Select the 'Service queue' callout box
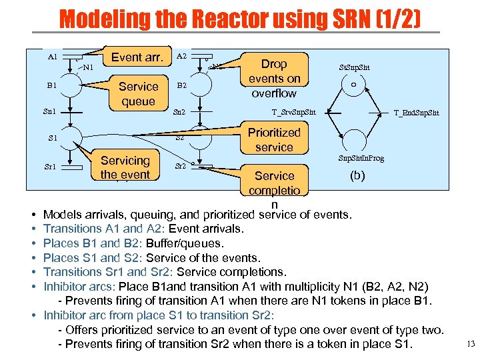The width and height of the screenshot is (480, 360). pyautogui.click(x=138, y=93)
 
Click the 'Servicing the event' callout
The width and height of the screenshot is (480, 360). pyautogui.click(x=125, y=167)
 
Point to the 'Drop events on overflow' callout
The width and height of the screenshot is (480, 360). pyautogui.click(x=274, y=78)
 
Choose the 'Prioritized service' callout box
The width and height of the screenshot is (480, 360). pyautogui.click(x=274, y=139)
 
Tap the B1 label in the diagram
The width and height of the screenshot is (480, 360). pyautogui.click(x=51, y=85)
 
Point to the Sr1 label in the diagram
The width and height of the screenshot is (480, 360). pyautogui.click(x=51, y=166)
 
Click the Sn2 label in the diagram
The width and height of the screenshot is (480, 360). pyautogui.click(x=179, y=112)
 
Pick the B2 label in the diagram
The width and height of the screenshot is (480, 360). pyautogui.click(x=181, y=85)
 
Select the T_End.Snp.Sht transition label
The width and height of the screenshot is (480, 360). pyautogui.click(x=416, y=113)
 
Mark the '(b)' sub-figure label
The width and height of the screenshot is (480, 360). pyautogui.click(x=358, y=177)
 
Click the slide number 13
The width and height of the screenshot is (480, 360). pyautogui.click(x=471, y=344)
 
